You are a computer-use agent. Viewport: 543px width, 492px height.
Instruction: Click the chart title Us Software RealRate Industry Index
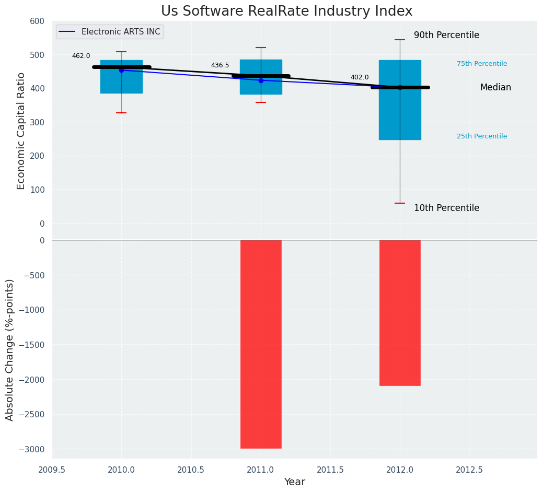(286, 11)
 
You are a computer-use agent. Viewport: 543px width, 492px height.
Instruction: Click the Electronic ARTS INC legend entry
(120, 32)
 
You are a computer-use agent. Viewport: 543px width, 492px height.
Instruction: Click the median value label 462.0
(81, 56)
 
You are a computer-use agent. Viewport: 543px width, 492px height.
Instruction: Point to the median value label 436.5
(220, 65)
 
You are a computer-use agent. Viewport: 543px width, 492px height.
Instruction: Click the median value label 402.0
(360, 77)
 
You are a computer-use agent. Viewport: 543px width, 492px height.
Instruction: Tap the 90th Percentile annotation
(446, 36)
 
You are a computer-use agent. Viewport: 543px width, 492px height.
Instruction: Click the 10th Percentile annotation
(446, 208)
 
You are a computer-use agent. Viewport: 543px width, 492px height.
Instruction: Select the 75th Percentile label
(482, 64)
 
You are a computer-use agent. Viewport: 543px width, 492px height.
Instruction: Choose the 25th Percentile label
(482, 136)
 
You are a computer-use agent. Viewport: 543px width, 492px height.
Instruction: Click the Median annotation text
(495, 88)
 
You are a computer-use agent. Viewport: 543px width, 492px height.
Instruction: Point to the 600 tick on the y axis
(37, 21)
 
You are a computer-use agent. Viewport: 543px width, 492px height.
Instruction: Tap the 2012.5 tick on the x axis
(469, 470)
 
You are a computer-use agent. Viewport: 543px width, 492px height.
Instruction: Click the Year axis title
(295, 482)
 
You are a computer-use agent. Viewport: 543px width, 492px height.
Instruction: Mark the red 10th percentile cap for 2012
(400, 203)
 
